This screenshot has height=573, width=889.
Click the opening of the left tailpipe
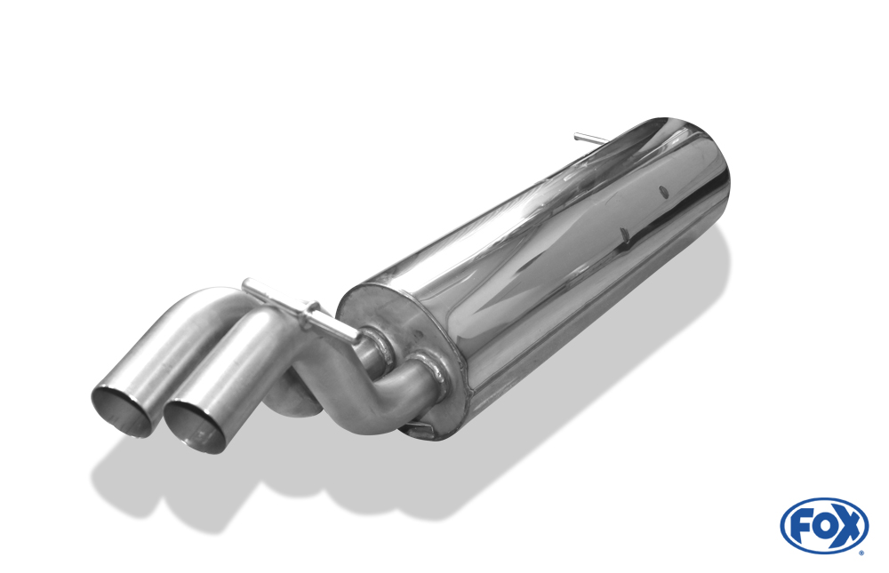pos(122,410)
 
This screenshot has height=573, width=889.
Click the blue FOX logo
pos(823,525)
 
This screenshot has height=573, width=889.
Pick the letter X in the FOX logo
pos(848,526)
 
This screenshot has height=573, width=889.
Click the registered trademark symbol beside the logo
pos(861,552)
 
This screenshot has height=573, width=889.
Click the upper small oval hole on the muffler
pos(663,189)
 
